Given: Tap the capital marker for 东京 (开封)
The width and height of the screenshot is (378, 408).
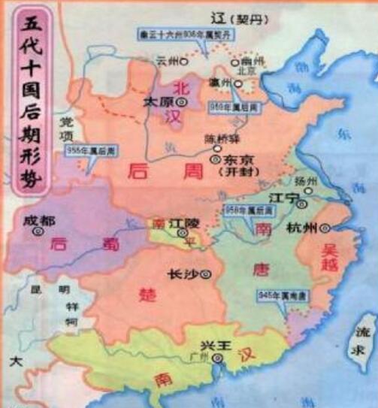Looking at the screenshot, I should click(216, 160).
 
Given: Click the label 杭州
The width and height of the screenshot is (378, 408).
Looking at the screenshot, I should click(302, 228).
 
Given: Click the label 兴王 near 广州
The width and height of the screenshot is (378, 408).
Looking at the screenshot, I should click(209, 344).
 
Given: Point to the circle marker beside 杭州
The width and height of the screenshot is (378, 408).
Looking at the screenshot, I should click(325, 228).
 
